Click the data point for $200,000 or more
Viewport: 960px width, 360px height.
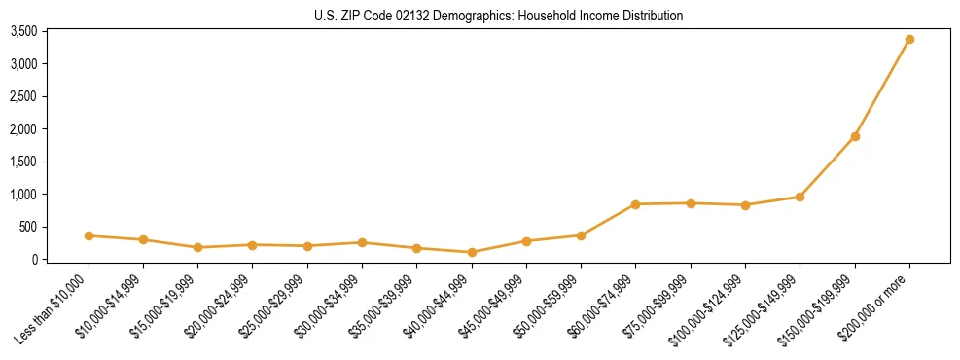909,40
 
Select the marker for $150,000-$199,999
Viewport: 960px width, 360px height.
855,136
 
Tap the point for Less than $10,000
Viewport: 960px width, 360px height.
89,235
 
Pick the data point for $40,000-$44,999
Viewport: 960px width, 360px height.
472,252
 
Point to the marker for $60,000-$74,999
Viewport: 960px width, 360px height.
636,204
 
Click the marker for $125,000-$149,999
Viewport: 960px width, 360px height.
800,197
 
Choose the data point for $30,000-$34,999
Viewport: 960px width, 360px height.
362,242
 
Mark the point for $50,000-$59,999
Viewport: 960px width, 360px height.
581,235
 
